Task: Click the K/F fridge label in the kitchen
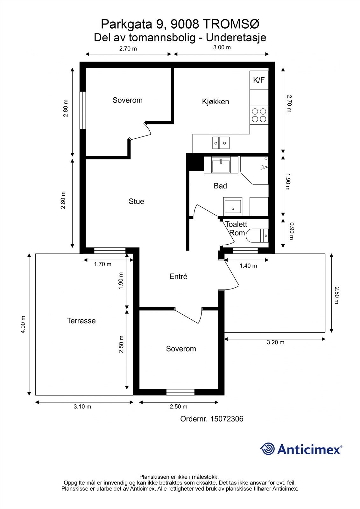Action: click(x=259, y=80)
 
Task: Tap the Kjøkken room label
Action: click(x=215, y=101)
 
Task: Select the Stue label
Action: click(x=136, y=201)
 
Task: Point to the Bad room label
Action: click(x=220, y=186)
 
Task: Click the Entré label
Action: click(x=178, y=276)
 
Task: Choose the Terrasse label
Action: click(x=81, y=321)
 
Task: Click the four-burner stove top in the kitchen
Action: click(x=259, y=115)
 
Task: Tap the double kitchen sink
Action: click(x=221, y=143)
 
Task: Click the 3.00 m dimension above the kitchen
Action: click(x=222, y=47)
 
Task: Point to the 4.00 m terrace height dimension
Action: click(x=23, y=324)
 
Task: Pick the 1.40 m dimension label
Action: click(x=248, y=266)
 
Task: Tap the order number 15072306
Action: click(x=227, y=419)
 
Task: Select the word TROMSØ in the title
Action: click(x=230, y=24)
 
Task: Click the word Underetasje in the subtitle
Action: click(x=236, y=38)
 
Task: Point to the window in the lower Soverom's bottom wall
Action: click(x=180, y=392)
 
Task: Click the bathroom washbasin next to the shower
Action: click(x=233, y=206)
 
